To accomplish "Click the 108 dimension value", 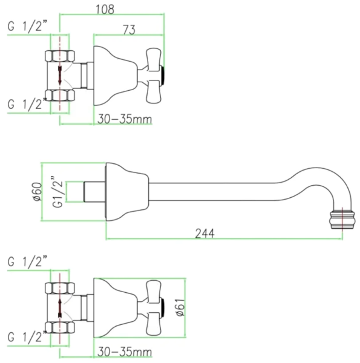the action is coord(105,9).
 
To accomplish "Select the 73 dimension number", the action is coord(129,30).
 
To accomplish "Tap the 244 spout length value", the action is coord(205,234).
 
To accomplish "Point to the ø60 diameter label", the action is coord(38,192).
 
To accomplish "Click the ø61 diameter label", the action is coord(180,307).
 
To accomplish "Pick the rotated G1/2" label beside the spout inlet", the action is coord(57,192).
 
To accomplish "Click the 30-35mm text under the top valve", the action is coord(125,119).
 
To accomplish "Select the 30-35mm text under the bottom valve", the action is coord(125,352).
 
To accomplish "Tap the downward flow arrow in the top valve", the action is coord(60,76).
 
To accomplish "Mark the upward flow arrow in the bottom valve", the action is coord(60,308).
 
